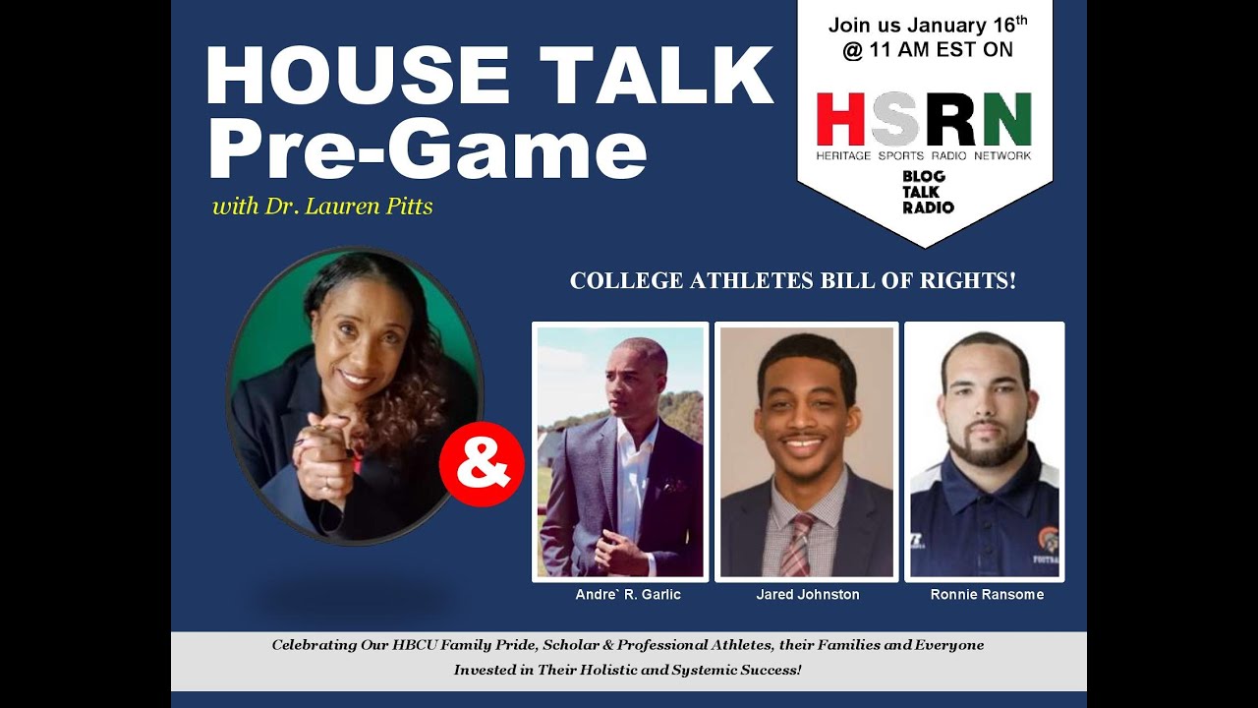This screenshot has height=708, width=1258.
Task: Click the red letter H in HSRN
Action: pyautogui.click(x=841, y=119)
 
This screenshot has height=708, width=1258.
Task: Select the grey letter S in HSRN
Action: pyautogui.click(x=894, y=119)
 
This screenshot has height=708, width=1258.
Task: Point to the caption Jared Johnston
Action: pyautogui.click(x=807, y=595)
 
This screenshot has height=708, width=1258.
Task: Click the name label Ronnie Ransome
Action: pyautogui.click(x=986, y=595)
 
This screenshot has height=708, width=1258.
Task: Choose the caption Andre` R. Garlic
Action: pyautogui.click(x=627, y=595)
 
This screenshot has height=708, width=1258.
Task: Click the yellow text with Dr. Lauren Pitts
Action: pyautogui.click(x=322, y=207)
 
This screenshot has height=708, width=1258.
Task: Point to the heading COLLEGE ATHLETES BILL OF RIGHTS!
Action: pyautogui.click(x=792, y=281)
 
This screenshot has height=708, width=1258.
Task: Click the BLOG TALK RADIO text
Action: pyautogui.click(x=928, y=192)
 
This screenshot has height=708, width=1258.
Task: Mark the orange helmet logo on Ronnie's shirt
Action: pyautogui.click(x=1048, y=539)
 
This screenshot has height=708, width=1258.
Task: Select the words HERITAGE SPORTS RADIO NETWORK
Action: pyautogui.click(x=924, y=155)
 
